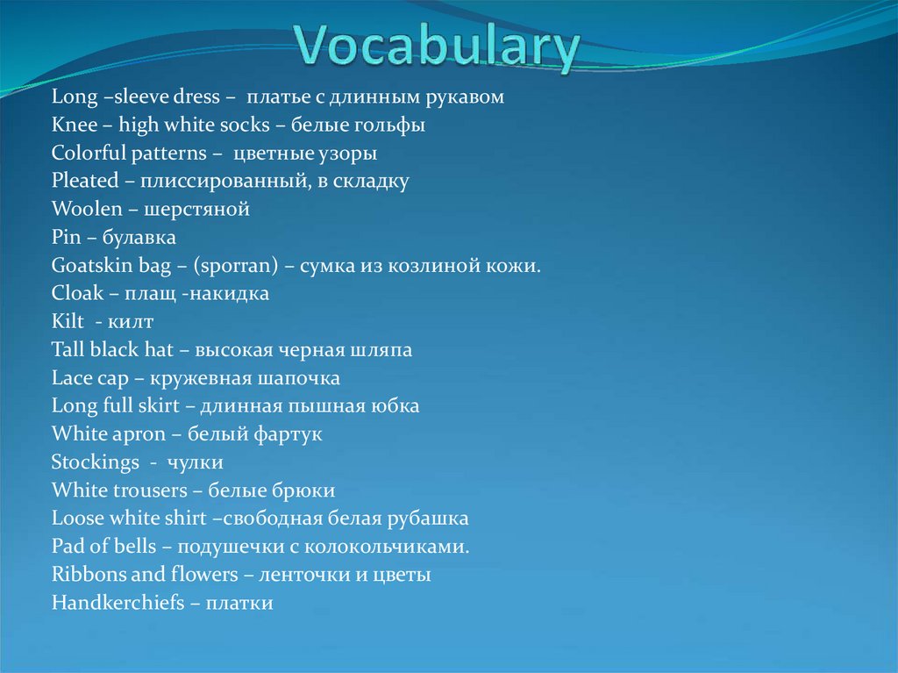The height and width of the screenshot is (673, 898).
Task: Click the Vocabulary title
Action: (437, 48)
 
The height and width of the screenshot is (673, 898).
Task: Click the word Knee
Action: (75, 125)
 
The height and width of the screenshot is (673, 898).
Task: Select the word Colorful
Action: (88, 154)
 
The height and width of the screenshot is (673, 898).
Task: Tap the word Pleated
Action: (84, 182)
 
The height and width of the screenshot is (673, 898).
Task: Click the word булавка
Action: (139, 238)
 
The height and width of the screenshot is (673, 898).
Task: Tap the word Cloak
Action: (77, 294)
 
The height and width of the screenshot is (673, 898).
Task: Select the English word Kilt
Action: (68, 322)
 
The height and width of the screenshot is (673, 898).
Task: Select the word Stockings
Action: (95, 462)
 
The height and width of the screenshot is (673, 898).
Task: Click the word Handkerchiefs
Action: (118, 603)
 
